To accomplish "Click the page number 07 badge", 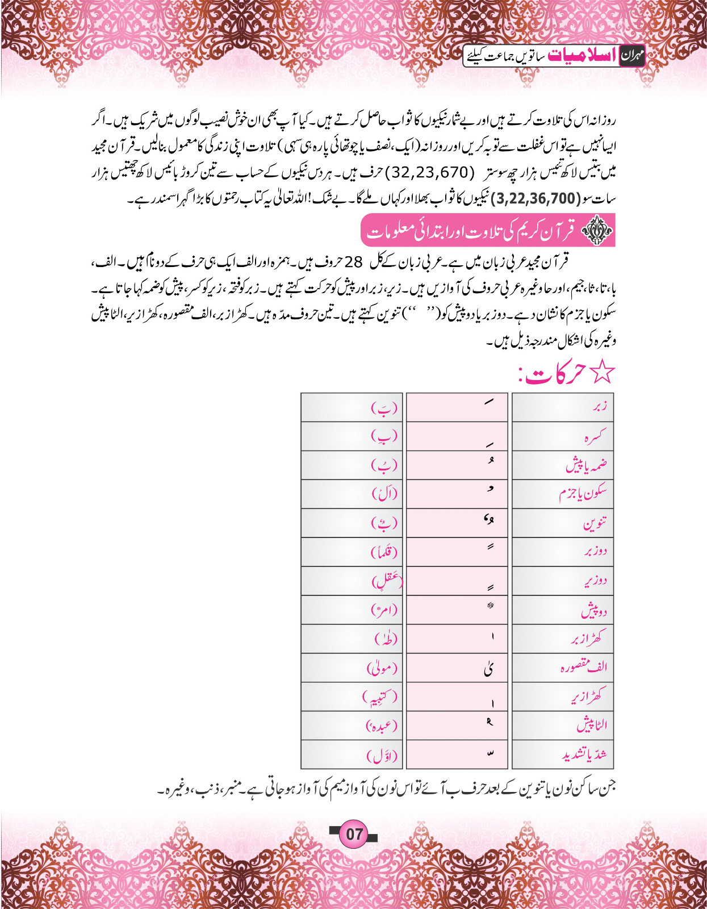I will (x=354, y=834).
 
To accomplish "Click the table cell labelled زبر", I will (x=563, y=407).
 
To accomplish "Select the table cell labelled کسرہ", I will (x=563, y=436).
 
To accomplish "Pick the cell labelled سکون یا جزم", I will (x=563, y=494).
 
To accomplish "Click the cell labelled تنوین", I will (x=563, y=523).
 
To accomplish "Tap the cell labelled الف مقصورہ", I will (x=563, y=668).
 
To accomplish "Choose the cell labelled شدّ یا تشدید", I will (x=563, y=754).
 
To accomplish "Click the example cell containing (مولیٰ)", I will (x=352, y=668).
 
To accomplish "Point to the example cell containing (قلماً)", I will (x=352, y=552).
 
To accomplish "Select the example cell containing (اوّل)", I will (x=352, y=754).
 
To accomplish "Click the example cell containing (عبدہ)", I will (x=352, y=725).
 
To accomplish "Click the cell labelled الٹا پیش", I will (x=563, y=725).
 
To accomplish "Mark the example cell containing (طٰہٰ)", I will (x=352, y=639).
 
